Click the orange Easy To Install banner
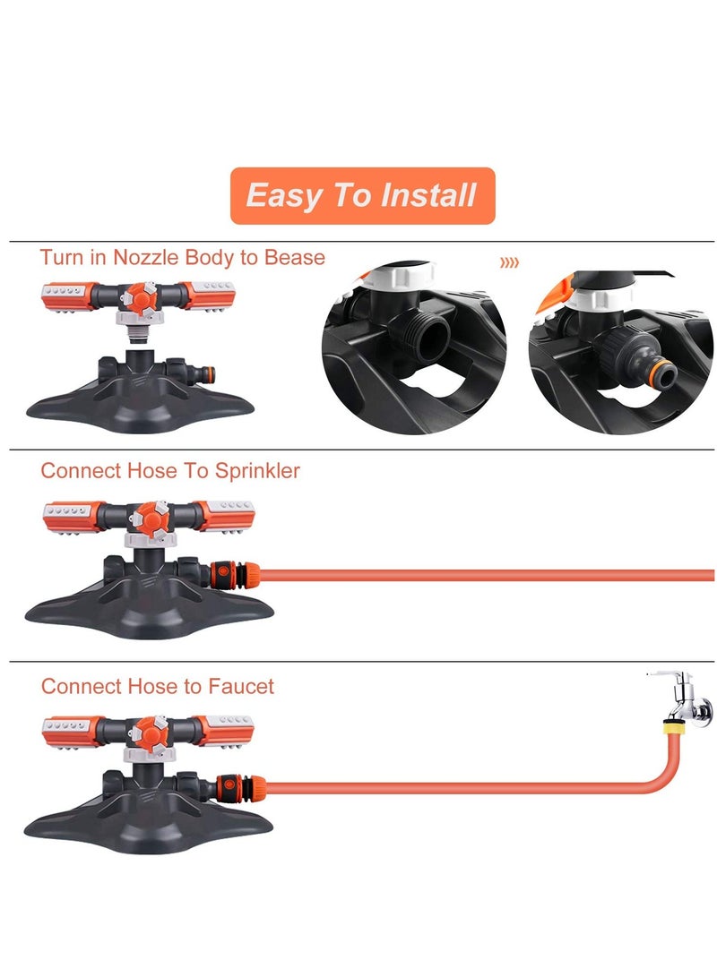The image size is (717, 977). pos(361,195)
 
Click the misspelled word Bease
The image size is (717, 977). pos(294,258)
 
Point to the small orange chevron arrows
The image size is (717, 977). pos(509,263)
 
